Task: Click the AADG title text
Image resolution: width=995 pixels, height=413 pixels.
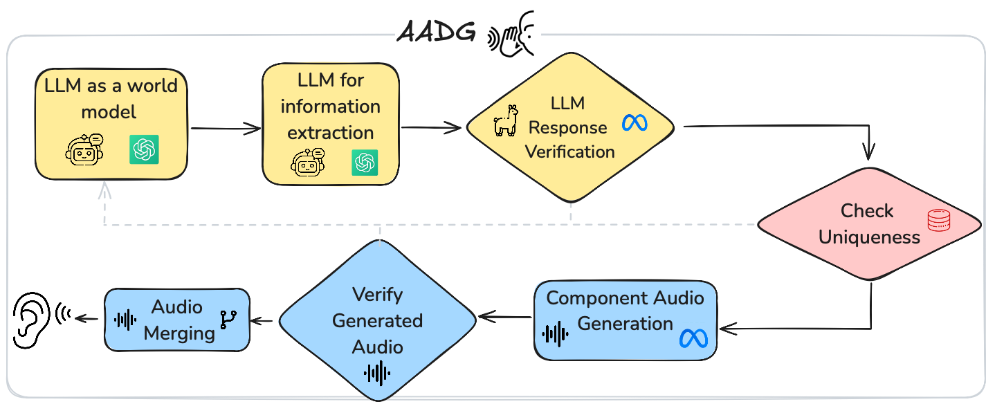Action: (436, 33)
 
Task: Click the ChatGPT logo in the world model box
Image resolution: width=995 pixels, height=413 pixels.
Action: (145, 149)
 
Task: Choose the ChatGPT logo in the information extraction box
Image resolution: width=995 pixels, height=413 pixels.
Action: (365, 163)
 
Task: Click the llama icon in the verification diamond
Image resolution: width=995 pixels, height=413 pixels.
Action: (505, 121)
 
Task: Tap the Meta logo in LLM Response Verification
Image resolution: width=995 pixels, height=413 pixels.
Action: (634, 123)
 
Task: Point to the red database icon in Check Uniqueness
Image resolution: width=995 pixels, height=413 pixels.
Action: (940, 221)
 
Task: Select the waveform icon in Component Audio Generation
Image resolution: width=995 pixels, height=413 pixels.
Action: (556, 333)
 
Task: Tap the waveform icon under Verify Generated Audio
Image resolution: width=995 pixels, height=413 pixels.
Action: (377, 374)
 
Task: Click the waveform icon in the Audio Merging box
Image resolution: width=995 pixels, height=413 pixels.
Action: (125, 320)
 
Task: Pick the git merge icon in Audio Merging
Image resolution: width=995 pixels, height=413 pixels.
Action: (227, 319)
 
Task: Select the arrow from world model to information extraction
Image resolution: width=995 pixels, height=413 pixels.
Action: (225, 129)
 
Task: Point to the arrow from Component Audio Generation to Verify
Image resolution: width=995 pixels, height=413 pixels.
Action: (505, 318)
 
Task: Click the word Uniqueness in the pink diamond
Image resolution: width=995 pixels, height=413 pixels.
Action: (869, 237)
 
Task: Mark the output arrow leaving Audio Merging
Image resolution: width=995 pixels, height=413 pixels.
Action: (86, 318)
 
